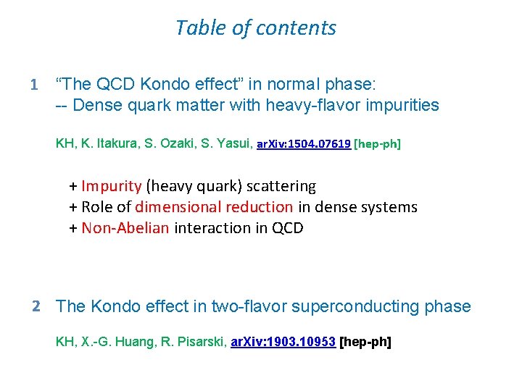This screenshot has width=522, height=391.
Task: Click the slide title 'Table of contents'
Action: click(x=255, y=28)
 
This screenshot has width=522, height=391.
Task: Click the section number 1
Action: click(x=33, y=85)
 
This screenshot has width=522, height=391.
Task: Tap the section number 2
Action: click(x=36, y=306)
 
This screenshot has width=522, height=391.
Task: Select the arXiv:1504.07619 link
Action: click(x=304, y=144)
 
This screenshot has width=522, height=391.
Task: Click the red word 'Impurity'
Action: click(x=112, y=186)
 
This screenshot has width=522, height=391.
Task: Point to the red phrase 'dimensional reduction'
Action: click(x=215, y=207)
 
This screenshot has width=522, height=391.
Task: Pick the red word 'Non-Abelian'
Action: click(x=125, y=228)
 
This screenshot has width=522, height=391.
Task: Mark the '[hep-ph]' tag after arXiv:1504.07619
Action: click(x=377, y=144)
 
